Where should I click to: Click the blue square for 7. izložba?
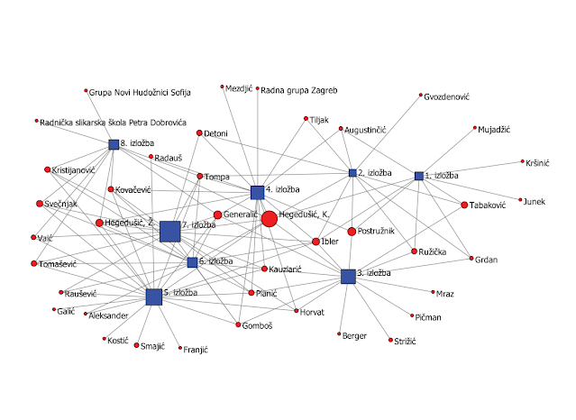coord(169,232)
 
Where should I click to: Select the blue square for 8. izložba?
coord(114,144)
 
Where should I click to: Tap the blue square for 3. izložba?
coord(349,277)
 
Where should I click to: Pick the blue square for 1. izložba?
coord(418,176)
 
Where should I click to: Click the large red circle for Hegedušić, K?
coord(269,218)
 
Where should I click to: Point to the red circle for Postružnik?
coord(352,232)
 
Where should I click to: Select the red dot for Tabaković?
coord(464,205)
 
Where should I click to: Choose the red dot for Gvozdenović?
coord(420,96)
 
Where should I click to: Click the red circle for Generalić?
coord(217,215)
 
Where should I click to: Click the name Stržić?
coord(407,341)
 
